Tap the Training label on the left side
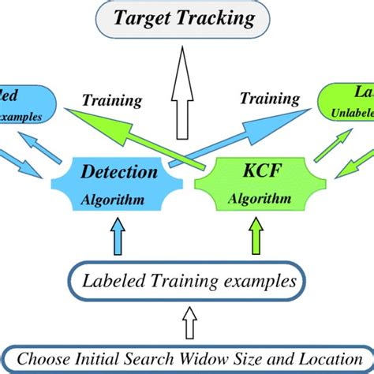click(113, 100)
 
